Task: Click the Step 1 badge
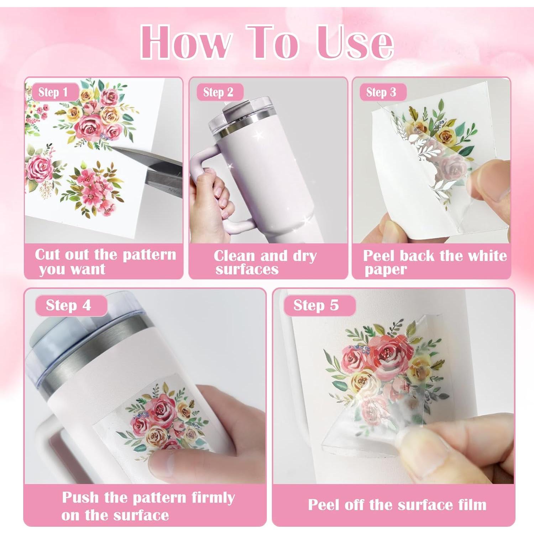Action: (54, 92)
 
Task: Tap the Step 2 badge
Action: (218, 92)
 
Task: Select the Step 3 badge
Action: (381, 92)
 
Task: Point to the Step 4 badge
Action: (69, 305)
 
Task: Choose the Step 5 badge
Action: (316, 305)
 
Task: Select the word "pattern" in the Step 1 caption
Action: (150, 255)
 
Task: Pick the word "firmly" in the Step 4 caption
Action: (213, 497)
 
